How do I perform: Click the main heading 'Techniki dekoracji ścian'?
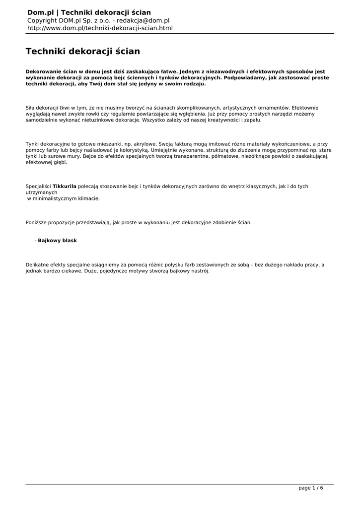pyautogui.click(x=83, y=51)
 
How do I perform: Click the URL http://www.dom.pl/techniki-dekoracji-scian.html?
pyautogui.click(x=100, y=28)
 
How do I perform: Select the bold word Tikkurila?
pyautogui.click(x=65, y=186)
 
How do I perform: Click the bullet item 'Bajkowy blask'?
pyautogui.click(x=58, y=240)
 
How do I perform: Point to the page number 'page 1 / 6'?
pyautogui.click(x=311, y=488)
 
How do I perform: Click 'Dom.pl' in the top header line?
pyautogui.click(x=40, y=12)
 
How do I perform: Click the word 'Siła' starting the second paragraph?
pyautogui.click(x=31, y=108)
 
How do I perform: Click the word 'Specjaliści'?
pyautogui.click(x=38, y=186)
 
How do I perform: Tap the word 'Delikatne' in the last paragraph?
pyautogui.click(x=38, y=265)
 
